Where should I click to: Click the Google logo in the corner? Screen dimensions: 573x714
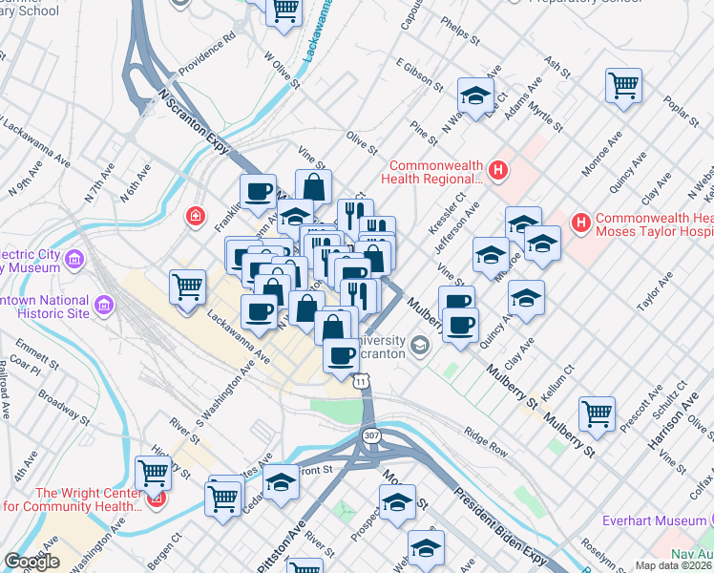(31, 562)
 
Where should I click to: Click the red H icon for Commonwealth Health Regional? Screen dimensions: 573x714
(496, 171)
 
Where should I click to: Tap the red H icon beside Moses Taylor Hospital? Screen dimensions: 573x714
(579, 223)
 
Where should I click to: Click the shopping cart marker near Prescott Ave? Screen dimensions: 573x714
(597, 413)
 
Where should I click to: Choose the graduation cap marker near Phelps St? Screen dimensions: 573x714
(475, 95)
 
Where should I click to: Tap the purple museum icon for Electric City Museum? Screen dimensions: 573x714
(75, 259)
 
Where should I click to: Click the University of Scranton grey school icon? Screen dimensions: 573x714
(420, 346)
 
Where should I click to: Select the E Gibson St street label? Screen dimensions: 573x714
(420, 74)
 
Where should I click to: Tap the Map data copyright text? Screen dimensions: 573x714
(674, 565)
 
